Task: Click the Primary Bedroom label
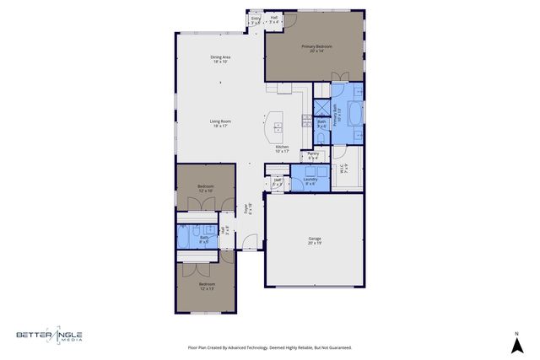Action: pos(316,49)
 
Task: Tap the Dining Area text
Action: pos(221,59)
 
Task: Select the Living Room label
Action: pos(221,123)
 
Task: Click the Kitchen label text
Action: pos(283,149)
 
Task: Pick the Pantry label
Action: pos(313,155)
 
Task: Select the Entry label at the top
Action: pos(256,19)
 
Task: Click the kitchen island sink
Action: pos(278,129)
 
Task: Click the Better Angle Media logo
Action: pos(49,336)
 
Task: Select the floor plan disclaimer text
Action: pos(269,347)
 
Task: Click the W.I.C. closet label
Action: pos(343,168)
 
